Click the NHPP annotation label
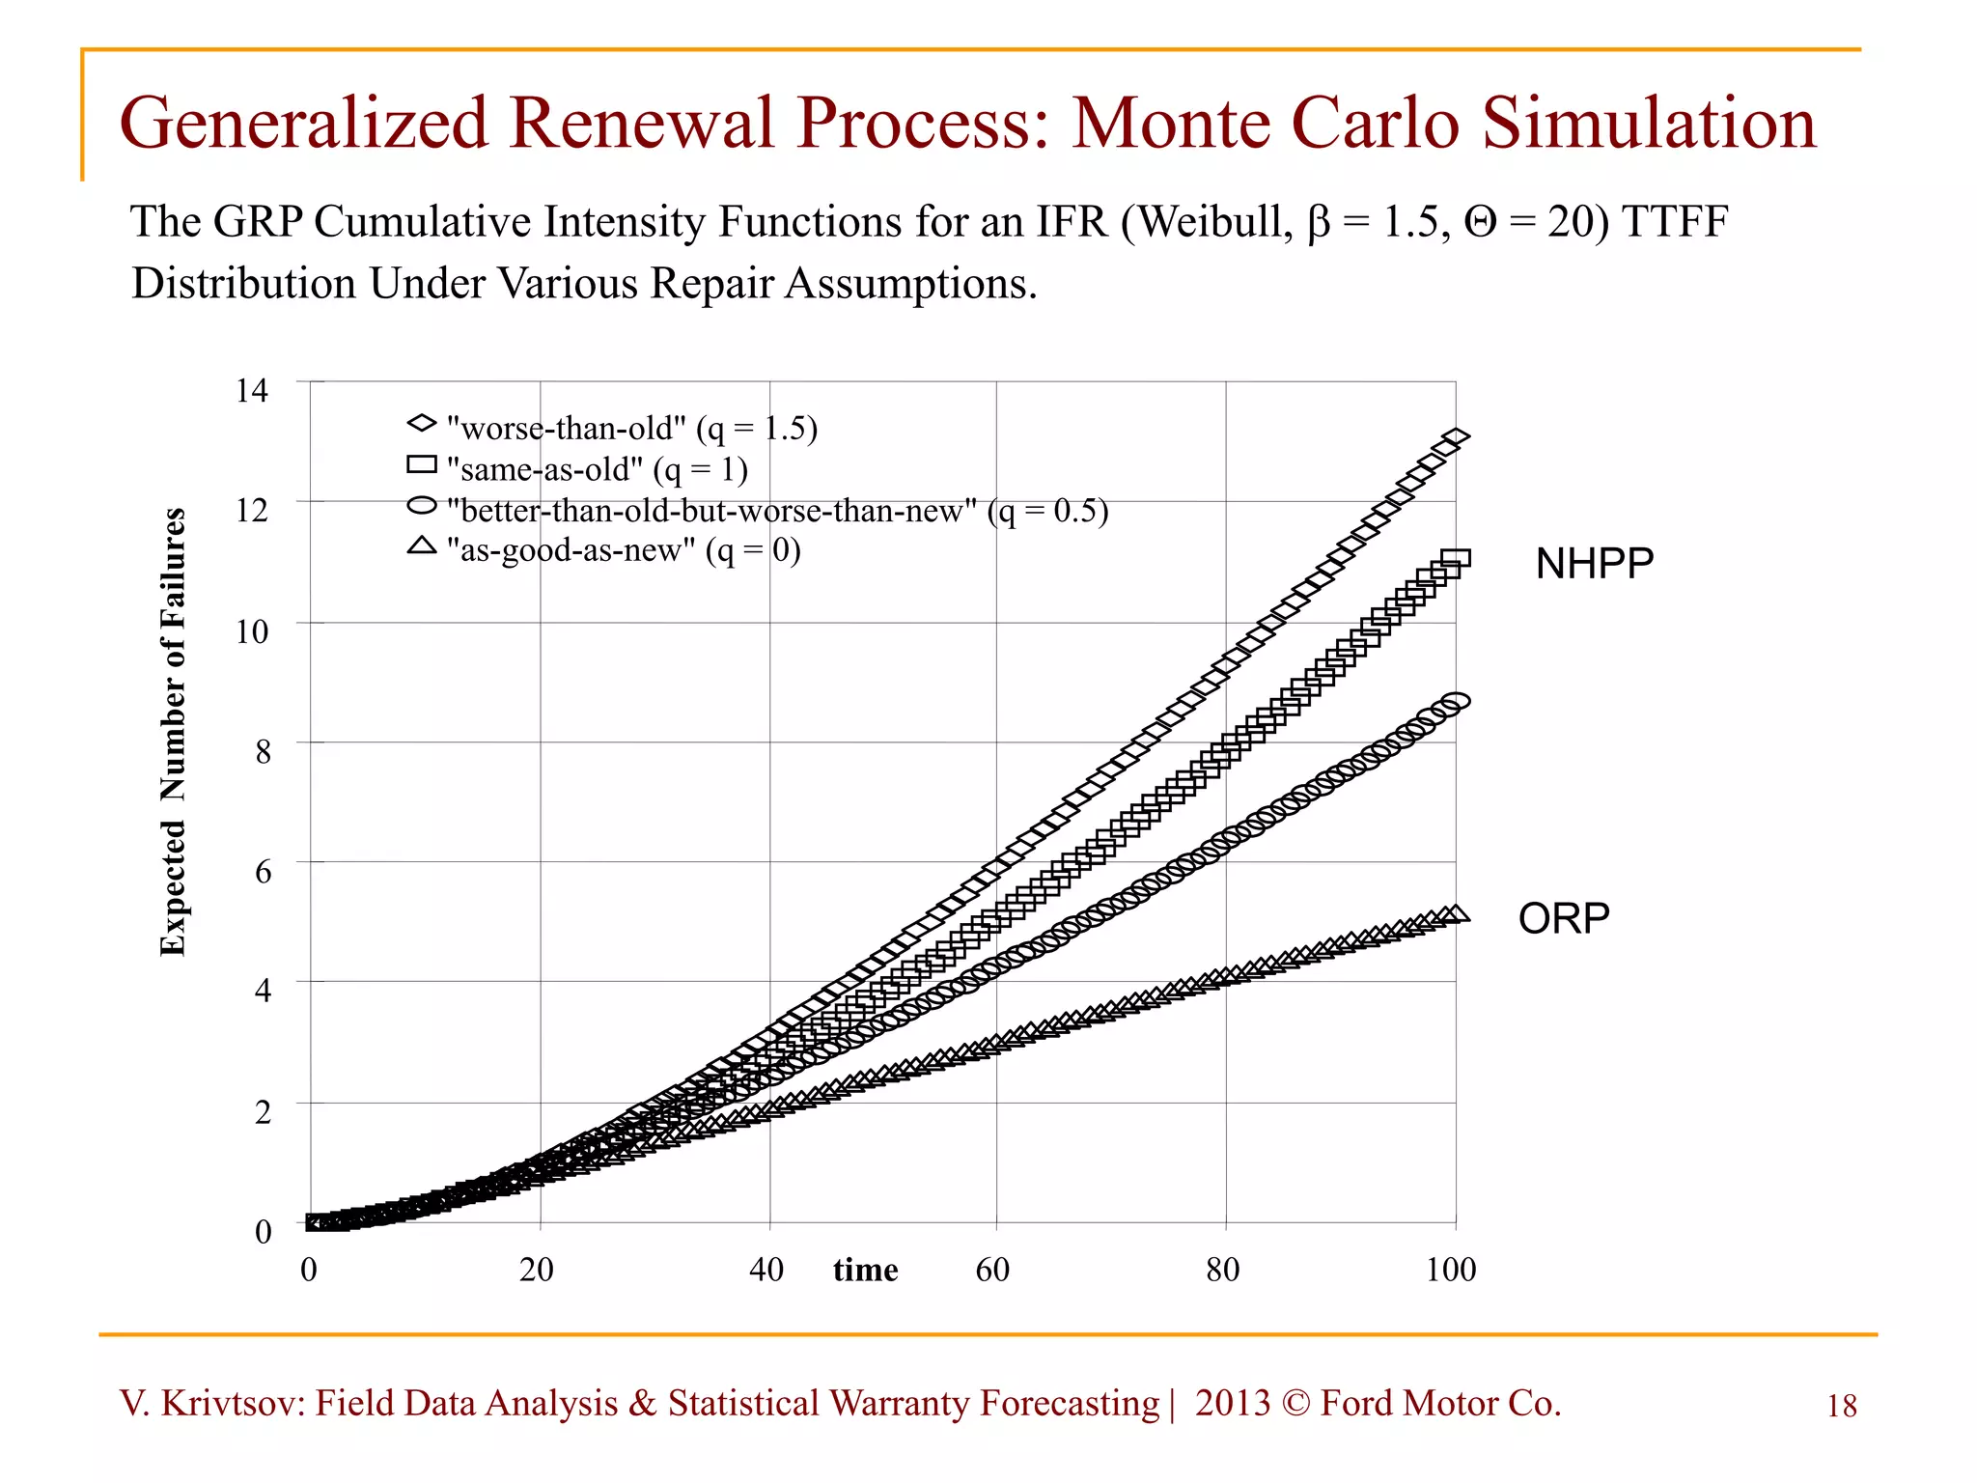pyautogui.click(x=1594, y=563)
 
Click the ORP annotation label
pyautogui.click(x=1563, y=918)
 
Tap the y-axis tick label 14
pyautogui.click(x=252, y=390)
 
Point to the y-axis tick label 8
pyautogui.click(x=263, y=752)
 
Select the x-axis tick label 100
pyautogui.click(x=1450, y=1270)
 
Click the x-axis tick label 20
pyautogui.click(x=537, y=1270)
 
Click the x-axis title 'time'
pyautogui.click(x=865, y=1270)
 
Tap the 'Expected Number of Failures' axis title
pyautogui.click(x=173, y=732)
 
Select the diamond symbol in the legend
pyautogui.click(x=422, y=424)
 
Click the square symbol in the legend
pyautogui.click(x=422, y=465)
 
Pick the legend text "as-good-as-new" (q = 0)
pyautogui.click(x=624, y=550)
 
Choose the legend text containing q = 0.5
pyautogui.click(x=777, y=510)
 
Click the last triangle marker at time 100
pyautogui.click(x=1456, y=913)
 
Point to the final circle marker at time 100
pyautogui.click(x=1456, y=701)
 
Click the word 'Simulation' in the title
pyautogui.click(x=1649, y=124)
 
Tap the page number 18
pyautogui.click(x=1841, y=1407)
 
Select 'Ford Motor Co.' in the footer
pyautogui.click(x=1440, y=1403)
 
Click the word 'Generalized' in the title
pyautogui.click(x=303, y=124)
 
